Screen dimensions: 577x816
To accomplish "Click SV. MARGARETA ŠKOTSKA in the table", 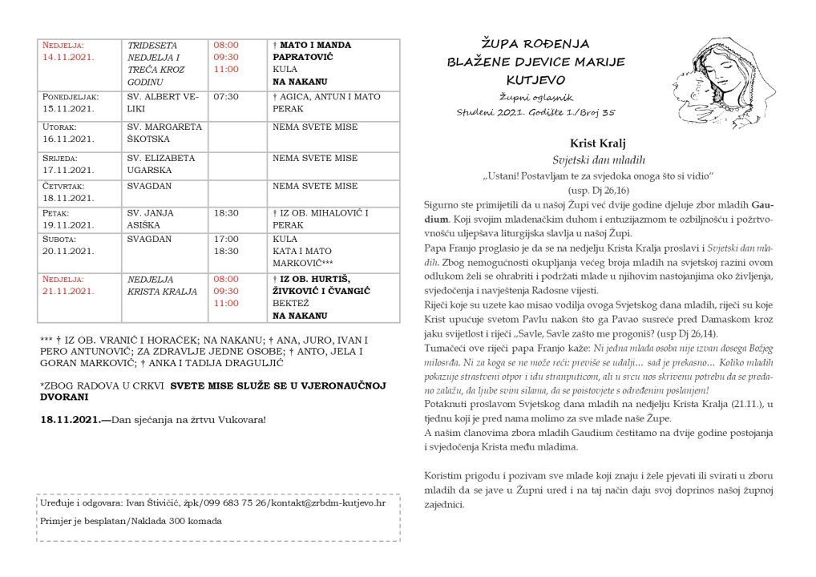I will tap(164, 132).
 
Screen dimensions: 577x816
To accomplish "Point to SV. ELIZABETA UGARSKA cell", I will tap(163, 163).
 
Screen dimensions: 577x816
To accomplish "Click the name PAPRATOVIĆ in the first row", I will tap(302, 58).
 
